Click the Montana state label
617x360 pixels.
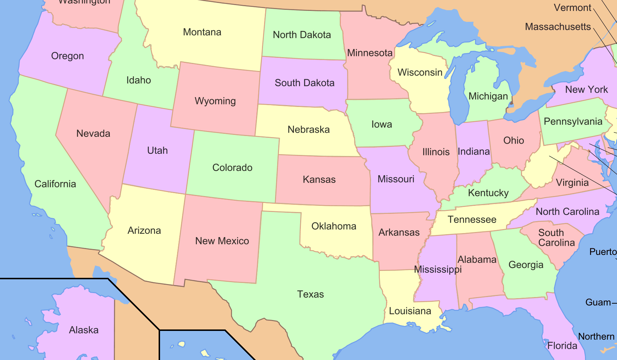coord(202,32)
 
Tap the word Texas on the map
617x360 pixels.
coord(310,294)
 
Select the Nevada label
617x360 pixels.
coord(93,133)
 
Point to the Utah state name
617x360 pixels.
coord(157,151)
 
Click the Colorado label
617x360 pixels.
coord(232,168)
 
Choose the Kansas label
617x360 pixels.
coord(319,179)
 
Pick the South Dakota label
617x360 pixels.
coord(304,83)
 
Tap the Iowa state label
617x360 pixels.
coord(382,124)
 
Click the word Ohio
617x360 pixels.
coord(513,140)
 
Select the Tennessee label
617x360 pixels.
coord(472,220)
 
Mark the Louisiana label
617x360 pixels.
coord(410,311)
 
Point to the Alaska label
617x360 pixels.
coord(84,330)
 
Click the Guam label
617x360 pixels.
coord(598,302)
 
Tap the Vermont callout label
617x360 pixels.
coord(572,8)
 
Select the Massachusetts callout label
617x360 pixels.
coord(558,27)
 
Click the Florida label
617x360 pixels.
coord(562,345)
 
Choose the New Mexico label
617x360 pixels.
coord(222,241)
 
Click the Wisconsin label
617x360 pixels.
coord(420,72)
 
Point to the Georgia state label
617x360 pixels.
coord(526,265)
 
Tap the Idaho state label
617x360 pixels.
coord(139,80)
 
